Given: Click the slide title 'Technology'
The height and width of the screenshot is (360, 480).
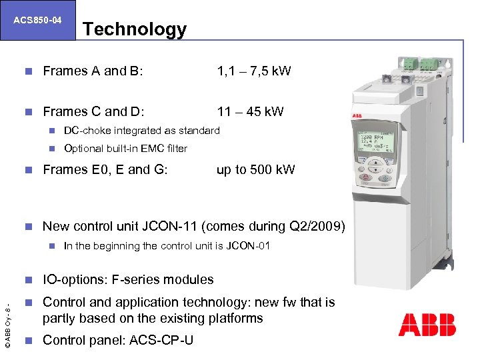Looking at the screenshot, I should (x=135, y=29).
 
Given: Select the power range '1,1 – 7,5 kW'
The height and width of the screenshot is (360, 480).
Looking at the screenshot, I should (x=254, y=71).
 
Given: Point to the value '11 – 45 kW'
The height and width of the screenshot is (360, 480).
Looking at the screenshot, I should (x=250, y=111).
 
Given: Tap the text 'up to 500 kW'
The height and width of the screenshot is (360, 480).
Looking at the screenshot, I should (x=255, y=169).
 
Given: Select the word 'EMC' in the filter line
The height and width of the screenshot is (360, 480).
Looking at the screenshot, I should (x=155, y=148).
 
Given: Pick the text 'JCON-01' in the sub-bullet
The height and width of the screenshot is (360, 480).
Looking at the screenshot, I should (x=248, y=245).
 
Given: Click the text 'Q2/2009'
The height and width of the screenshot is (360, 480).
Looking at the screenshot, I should (x=318, y=227).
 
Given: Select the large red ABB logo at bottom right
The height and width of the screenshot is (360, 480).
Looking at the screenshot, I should (x=427, y=324).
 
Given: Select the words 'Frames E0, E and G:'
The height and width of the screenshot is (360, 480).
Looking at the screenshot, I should (x=105, y=169).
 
